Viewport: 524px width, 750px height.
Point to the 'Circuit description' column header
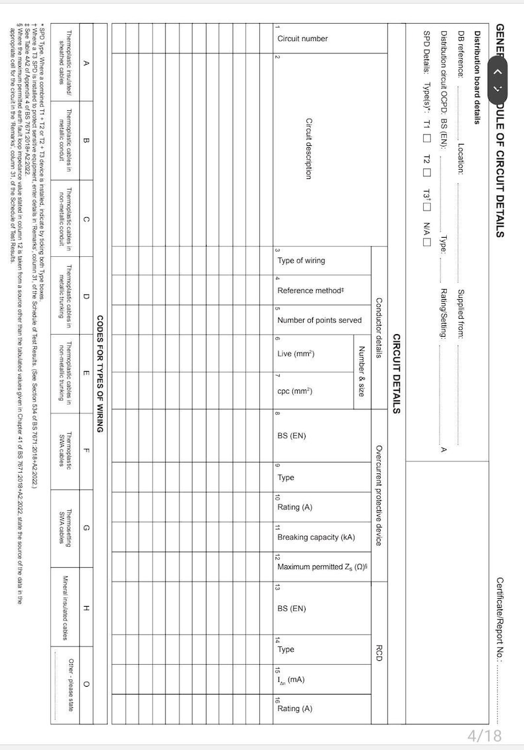308,148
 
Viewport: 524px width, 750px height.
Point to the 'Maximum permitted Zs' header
321,566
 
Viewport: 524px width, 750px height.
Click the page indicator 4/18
484,735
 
